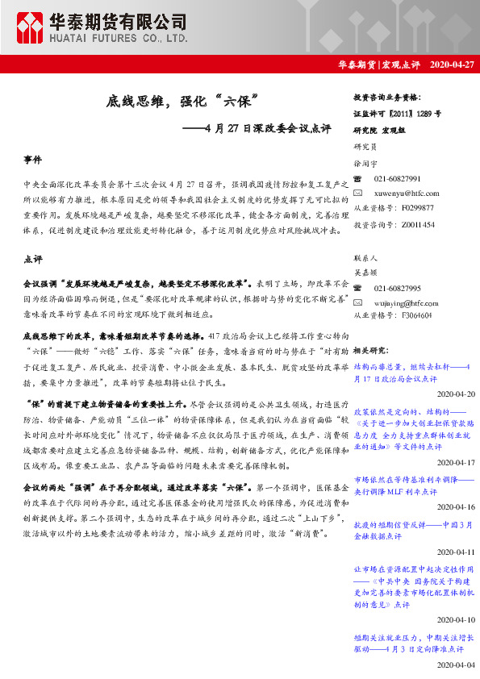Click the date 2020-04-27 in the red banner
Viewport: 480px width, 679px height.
(453, 64)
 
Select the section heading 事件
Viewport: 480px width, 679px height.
(33, 161)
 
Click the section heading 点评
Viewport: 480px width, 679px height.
(33, 260)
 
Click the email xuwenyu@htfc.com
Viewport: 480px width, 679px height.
(407, 193)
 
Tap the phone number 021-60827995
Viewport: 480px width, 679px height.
(398, 288)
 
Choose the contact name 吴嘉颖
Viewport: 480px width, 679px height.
(365, 273)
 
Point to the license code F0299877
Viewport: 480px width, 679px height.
(417, 208)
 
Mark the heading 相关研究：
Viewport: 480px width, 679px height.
(371, 350)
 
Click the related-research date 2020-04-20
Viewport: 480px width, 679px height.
(456, 394)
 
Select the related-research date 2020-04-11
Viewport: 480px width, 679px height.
(456, 552)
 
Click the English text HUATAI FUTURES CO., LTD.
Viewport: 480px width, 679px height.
(122, 38)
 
